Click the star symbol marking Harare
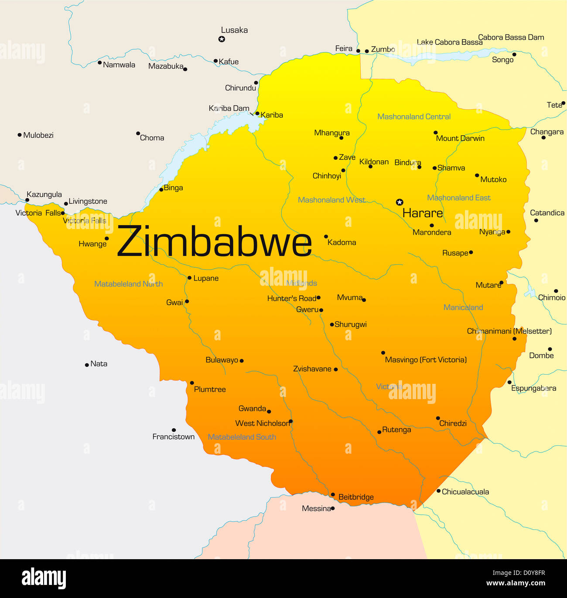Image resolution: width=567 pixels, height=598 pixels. (x=399, y=202)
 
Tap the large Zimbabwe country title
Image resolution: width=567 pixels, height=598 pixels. (x=215, y=241)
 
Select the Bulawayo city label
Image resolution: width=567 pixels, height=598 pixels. (x=222, y=360)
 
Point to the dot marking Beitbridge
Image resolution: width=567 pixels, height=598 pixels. (x=333, y=495)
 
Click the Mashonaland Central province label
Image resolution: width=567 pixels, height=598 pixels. (x=414, y=116)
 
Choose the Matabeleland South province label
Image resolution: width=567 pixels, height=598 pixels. (x=242, y=437)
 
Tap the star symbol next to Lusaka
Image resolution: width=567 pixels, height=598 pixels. (x=222, y=39)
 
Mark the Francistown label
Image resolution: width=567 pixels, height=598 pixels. (x=173, y=437)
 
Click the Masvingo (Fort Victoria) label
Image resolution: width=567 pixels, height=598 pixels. (x=426, y=360)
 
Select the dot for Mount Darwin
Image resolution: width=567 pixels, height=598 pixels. (x=435, y=133)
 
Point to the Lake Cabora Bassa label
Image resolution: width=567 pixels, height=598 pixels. (x=449, y=42)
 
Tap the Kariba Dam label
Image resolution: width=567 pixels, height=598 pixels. (x=229, y=108)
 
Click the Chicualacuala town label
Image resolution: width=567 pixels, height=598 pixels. (x=465, y=492)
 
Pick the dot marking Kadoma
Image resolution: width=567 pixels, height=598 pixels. (x=326, y=236)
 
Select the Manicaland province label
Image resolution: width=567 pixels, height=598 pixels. (x=463, y=308)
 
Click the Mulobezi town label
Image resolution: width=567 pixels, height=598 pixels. (x=38, y=135)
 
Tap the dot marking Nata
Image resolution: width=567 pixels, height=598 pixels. (x=87, y=365)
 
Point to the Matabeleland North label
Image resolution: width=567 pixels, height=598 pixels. (x=128, y=284)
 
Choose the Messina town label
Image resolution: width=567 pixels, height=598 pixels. (x=316, y=509)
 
